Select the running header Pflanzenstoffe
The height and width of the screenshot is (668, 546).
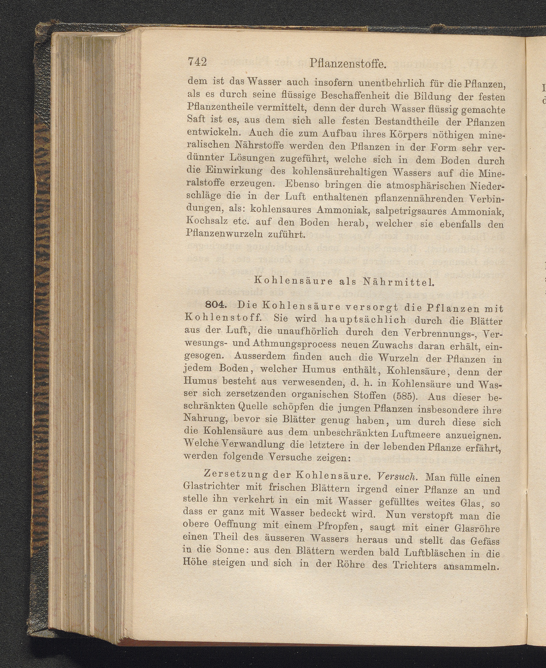(348, 64)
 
